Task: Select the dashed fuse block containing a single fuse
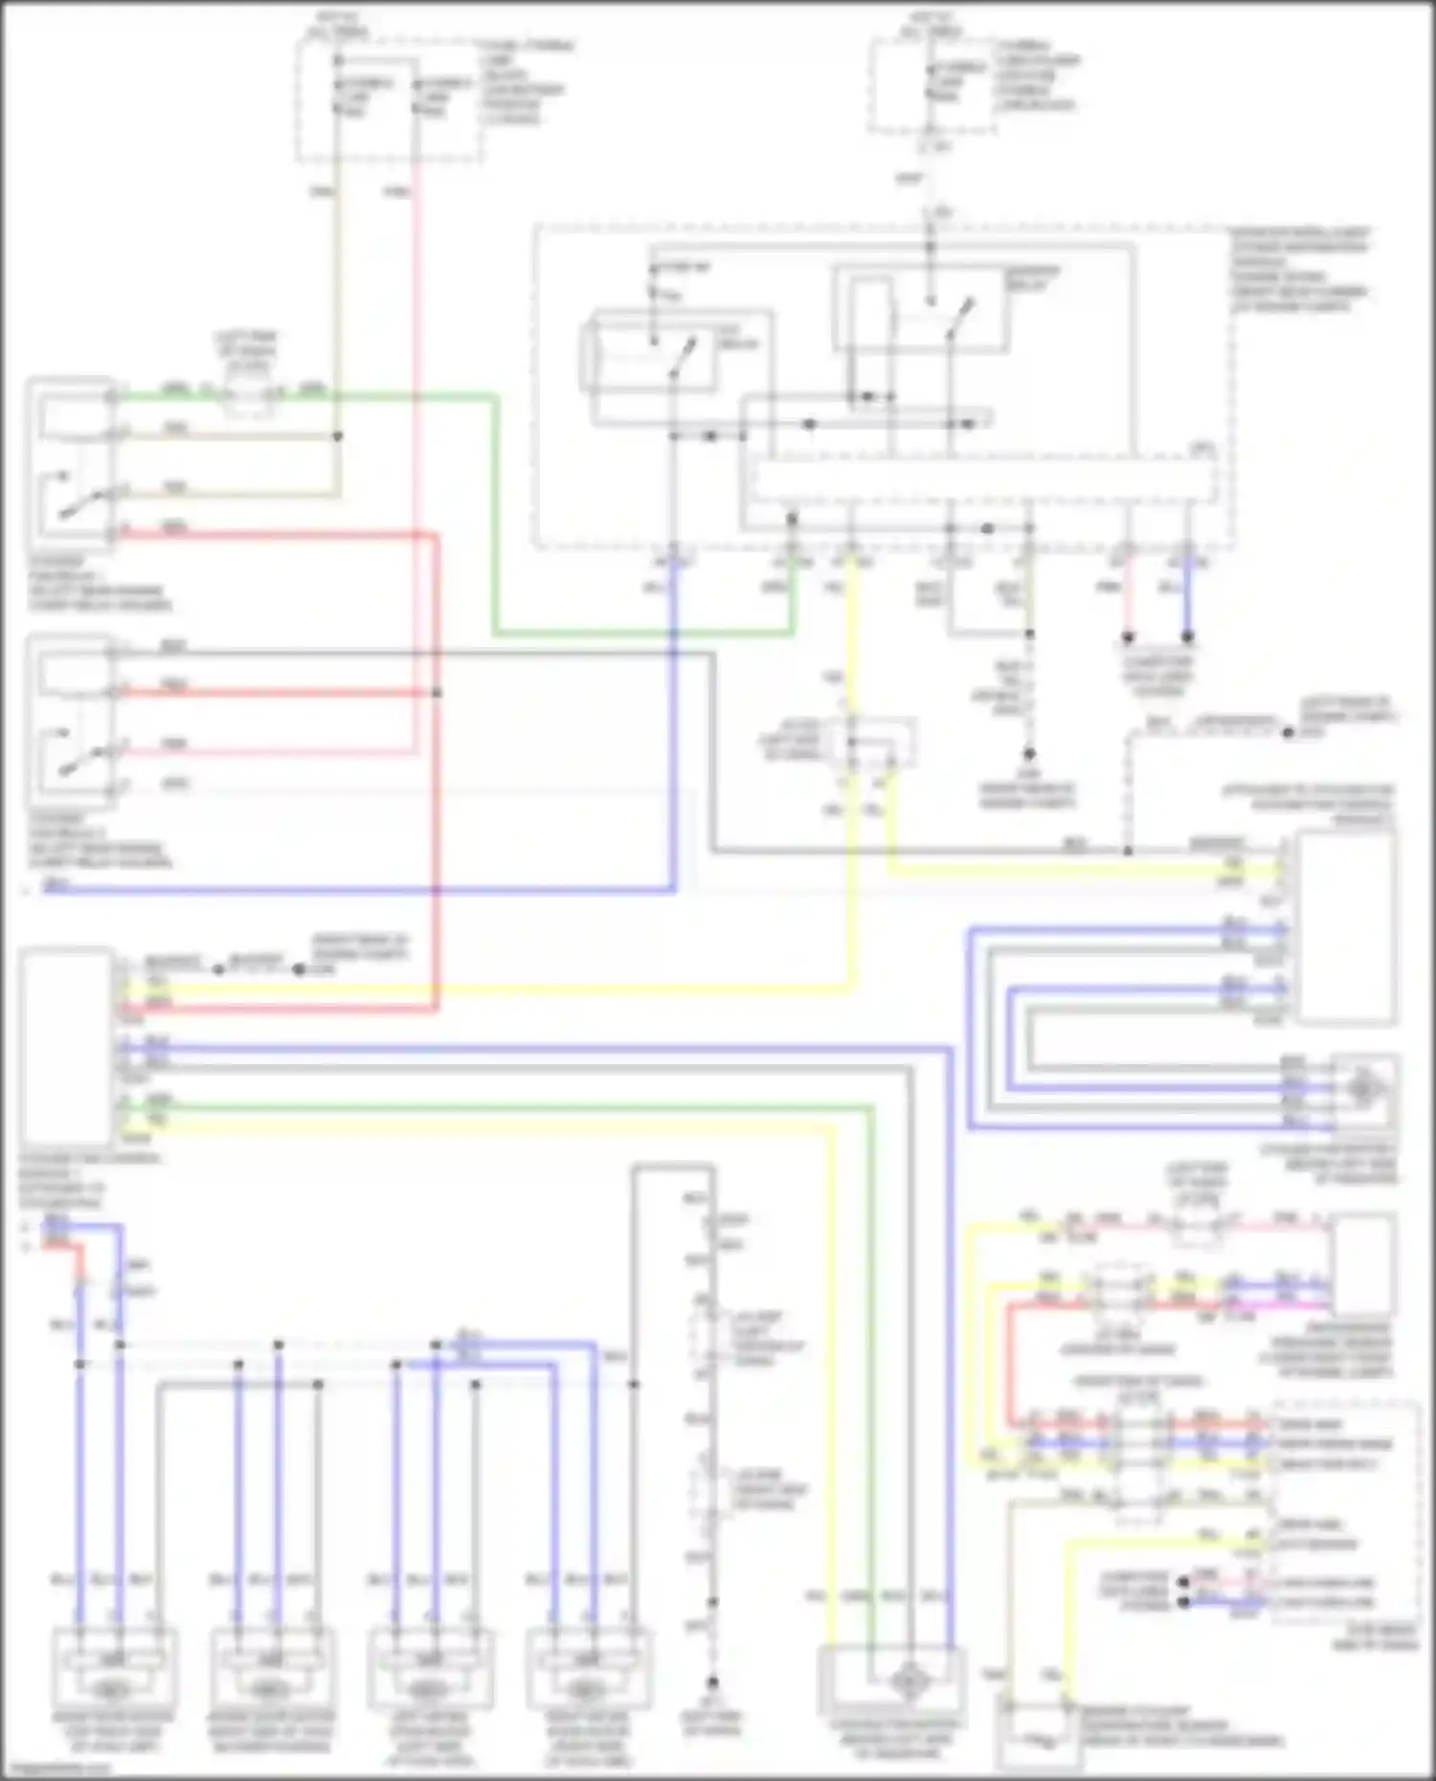[931, 86]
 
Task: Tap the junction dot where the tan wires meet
[337, 436]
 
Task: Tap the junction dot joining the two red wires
[437, 692]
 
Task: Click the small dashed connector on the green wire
[247, 393]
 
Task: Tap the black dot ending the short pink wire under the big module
[1129, 636]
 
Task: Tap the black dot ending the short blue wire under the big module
[1188, 636]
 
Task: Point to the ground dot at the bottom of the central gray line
[712, 1681]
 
